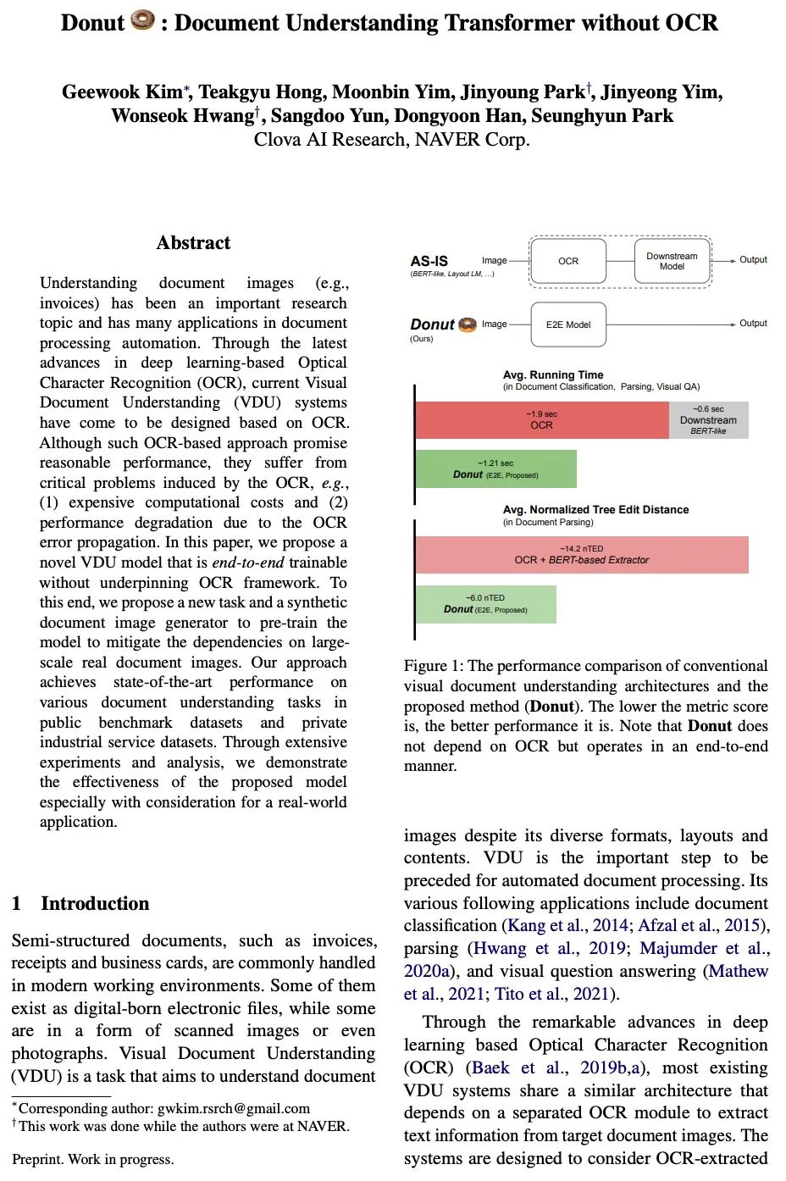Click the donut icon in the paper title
coord(143,19)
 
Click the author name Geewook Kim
coord(121,92)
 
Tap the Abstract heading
coord(193,243)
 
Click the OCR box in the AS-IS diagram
coord(568,261)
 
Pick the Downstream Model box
coord(672,261)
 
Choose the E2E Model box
coord(568,324)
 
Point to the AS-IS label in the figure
coord(429,261)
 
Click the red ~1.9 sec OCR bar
coord(541,420)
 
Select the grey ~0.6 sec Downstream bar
coord(708,420)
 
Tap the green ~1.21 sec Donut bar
coord(495,469)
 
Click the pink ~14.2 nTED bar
coord(581,555)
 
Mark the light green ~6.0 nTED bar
coord(485,604)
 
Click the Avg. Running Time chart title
coord(553,374)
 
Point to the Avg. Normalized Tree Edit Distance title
coord(595,509)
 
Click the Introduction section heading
coord(95,903)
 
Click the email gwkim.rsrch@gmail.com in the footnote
coord(234,1108)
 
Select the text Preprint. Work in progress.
coord(93,1159)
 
